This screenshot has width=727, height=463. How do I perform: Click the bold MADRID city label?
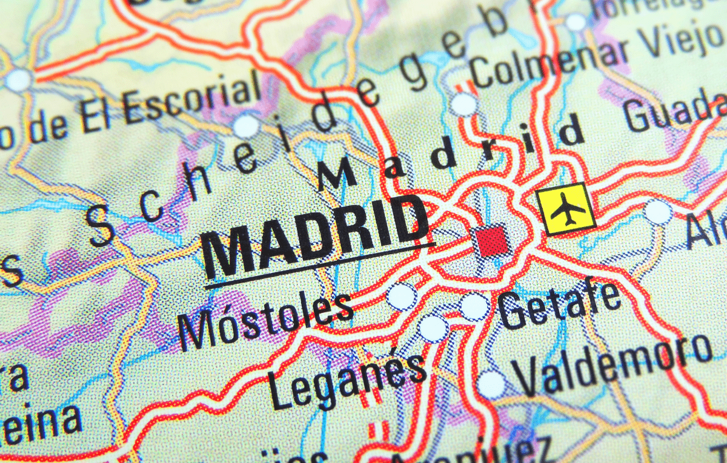[x=315, y=233]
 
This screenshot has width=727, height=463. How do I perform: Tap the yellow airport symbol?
[x=566, y=209]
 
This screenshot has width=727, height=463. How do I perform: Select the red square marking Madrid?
[x=492, y=240]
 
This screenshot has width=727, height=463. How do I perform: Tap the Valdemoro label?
[x=612, y=366]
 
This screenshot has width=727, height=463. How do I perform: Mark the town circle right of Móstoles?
[x=402, y=296]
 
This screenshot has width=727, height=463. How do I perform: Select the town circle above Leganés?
[x=433, y=328]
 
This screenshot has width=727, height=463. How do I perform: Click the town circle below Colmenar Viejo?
[x=465, y=105]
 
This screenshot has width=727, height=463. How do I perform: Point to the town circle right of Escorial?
[x=246, y=126]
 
